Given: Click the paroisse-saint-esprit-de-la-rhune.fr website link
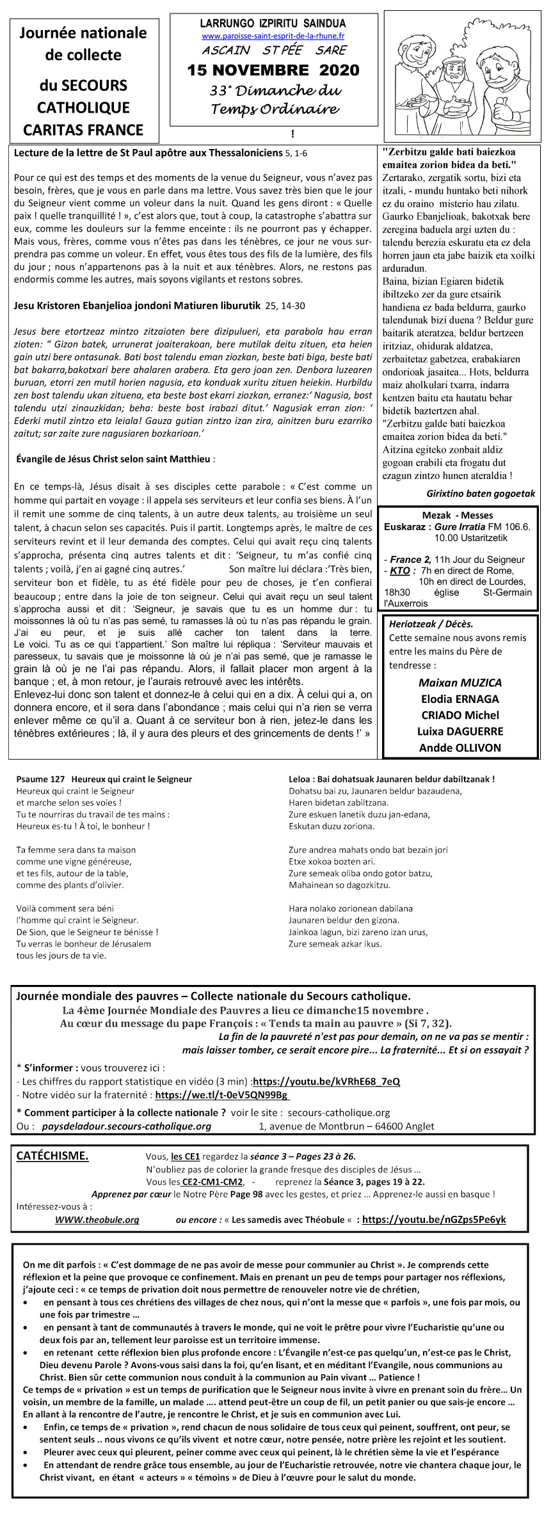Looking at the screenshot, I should coord(273,36).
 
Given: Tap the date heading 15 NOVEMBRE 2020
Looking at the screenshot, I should coord(273,70).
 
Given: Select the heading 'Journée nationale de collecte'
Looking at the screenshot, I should coord(83,43).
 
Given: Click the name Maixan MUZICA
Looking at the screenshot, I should coord(460,682).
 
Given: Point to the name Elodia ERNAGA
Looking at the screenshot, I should coord(460,699).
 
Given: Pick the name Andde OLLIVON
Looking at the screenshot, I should coord(460,748).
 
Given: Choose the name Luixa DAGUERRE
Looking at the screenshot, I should coord(460,731).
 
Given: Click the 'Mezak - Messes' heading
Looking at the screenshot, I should coord(458,516).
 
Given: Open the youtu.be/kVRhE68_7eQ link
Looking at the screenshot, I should coord(326,1082).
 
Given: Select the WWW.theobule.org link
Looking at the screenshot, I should coord(97,1220).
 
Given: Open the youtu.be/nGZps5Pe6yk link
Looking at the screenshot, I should coord(434,1220).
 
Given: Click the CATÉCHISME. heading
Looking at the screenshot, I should coord(52,1156).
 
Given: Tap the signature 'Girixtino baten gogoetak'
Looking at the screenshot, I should coord(481,493).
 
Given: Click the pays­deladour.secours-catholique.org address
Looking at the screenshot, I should coord(126,1126).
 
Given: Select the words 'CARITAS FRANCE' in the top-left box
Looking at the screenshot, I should coord(83,130).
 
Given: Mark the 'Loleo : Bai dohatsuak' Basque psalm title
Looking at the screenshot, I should coord(392,779).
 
